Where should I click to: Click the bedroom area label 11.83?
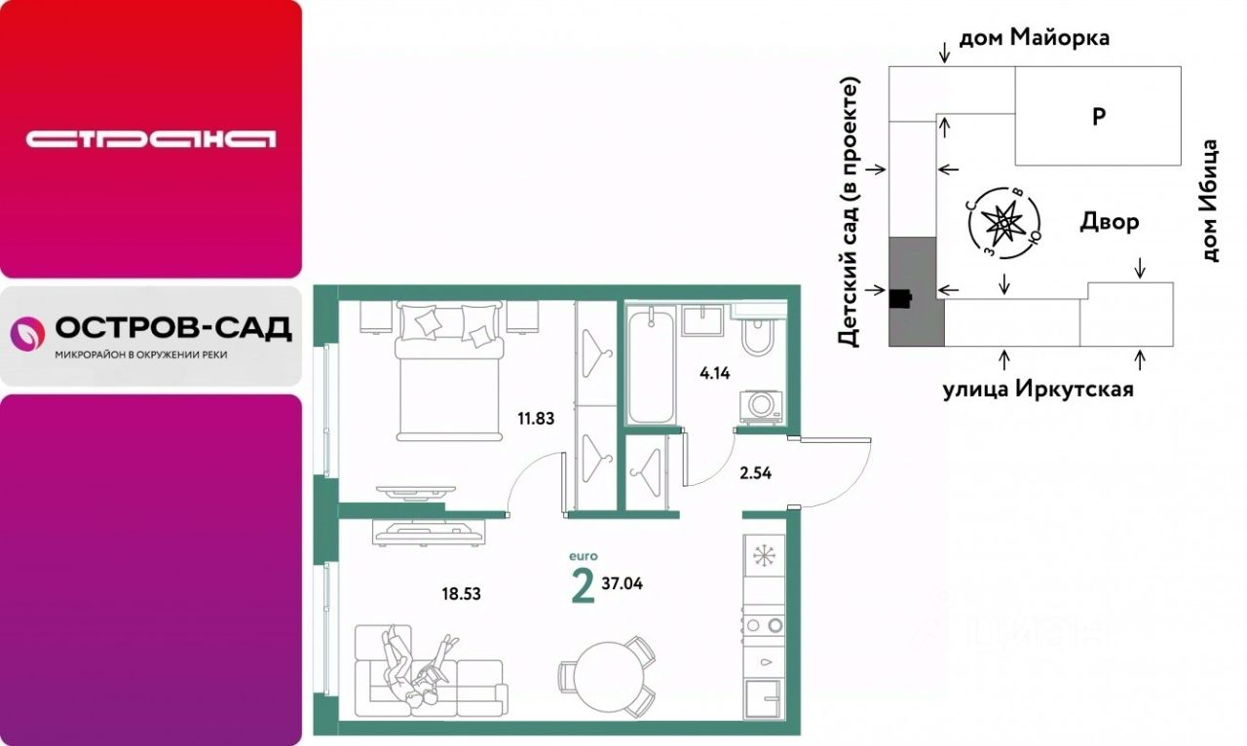click(536, 418)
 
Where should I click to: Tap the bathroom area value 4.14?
click(715, 373)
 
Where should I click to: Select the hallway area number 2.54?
click(755, 473)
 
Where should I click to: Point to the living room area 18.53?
click(462, 594)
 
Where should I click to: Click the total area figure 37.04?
click(622, 583)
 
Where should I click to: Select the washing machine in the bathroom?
click(761, 407)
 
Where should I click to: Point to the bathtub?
click(651, 367)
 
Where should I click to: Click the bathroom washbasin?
click(702, 320)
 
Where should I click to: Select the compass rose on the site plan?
click(1003, 223)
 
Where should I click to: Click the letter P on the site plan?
click(1098, 116)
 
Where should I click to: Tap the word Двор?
click(1110, 222)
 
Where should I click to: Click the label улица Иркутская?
click(1039, 390)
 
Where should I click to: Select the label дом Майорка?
click(1035, 38)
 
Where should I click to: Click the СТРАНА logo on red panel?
click(151, 139)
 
